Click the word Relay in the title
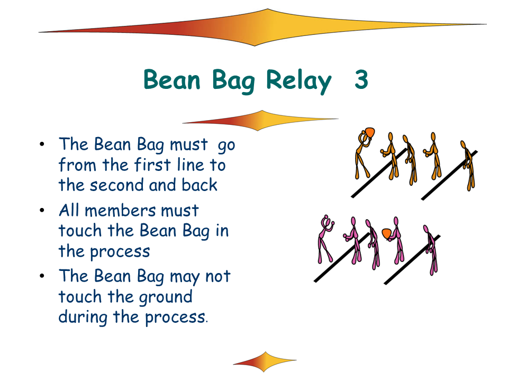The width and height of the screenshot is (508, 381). point(298,81)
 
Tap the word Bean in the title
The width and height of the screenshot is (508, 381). point(172,79)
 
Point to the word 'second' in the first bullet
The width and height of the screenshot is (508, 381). point(117,185)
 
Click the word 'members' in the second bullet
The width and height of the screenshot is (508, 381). point(121,211)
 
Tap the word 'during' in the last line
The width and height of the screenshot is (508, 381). point(83,317)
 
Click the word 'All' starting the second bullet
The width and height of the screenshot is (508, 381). point(69,210)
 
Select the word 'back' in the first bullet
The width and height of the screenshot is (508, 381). point(199,185)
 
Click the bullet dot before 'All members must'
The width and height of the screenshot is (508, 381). point(42,210)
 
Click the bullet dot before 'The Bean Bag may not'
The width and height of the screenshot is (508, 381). point(42,276)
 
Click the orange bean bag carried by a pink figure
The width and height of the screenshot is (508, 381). point(387,233)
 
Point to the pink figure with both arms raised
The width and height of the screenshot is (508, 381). point(325,239)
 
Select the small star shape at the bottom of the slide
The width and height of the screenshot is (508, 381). point(265,361)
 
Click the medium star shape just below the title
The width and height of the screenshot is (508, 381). point(260,120)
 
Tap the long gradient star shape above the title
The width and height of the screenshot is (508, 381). point(262,27)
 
